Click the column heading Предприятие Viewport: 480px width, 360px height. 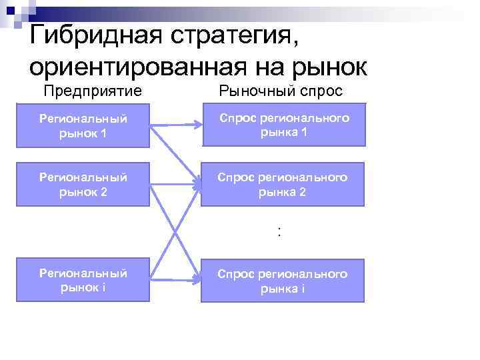[93, 91]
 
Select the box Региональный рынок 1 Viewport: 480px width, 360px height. [83, 125]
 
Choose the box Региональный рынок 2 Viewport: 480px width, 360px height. [83, 184]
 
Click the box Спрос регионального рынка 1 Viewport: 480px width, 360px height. [283, 125]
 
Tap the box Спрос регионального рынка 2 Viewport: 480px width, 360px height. [283, 183]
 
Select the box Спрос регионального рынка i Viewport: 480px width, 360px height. [283, 281]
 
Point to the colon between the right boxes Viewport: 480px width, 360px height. [280, 232]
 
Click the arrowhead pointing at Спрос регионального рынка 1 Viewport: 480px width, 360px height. [198, 125]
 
